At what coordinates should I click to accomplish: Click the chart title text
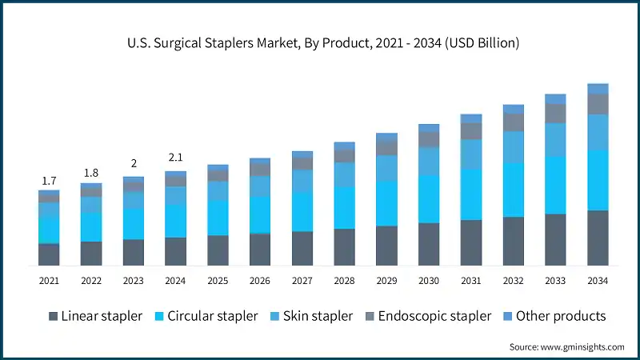pos(320,43)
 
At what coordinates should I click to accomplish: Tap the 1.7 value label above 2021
pos(49,182)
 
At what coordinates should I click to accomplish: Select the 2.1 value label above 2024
pos(175,158)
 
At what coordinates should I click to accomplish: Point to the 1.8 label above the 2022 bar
pos(91,173)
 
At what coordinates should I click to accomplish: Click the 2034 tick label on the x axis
pos(598,281)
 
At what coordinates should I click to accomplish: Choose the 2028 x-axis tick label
pos(344,281)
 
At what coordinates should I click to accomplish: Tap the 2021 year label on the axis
pos(49,281)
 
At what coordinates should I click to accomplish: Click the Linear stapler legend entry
pos(94,316)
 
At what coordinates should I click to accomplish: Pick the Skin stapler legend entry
pos(310,316)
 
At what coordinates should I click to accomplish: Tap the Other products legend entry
pos(552,316)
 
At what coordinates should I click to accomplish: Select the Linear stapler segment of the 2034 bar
pos(598,238)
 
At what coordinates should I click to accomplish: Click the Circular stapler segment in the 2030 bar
pos(429,198)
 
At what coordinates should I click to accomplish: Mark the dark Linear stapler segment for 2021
pos(49,254)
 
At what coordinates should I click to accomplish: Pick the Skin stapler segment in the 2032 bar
pos(514,147)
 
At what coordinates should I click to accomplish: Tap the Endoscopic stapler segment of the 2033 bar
pos(555,114)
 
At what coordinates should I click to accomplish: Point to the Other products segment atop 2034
pos(598,89)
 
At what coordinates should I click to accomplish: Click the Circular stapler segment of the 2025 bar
pos(218,218)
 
